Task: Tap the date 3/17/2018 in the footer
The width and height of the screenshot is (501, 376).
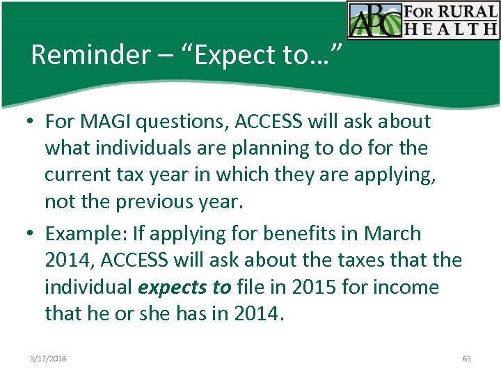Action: pos(48,358)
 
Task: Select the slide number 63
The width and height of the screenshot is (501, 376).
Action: pos(466,358)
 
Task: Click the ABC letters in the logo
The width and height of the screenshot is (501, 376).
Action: pos(375,20)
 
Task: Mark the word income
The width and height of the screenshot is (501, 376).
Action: pos(407,288)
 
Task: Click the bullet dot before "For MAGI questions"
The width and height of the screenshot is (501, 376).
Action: pos(32,123)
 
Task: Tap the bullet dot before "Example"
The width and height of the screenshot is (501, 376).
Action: pos(32,234)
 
